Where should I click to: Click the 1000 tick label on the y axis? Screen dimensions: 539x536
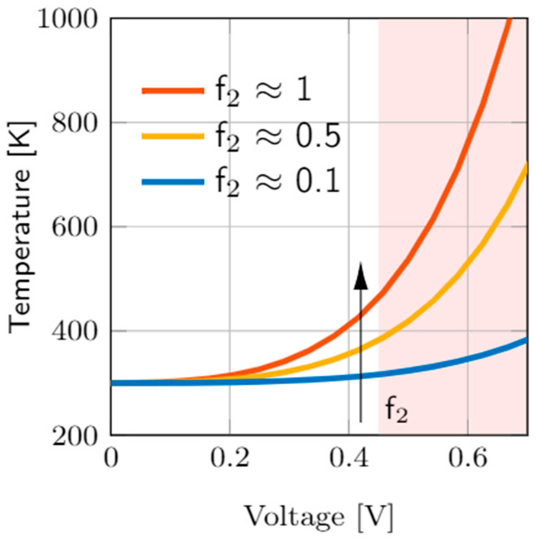[x=67, y=20]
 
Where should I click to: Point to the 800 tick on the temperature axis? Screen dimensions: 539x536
[x=74, y=123]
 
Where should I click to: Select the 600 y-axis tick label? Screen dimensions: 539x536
[x=74, y=228]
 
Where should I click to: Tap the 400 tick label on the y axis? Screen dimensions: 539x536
[x=74, y=331]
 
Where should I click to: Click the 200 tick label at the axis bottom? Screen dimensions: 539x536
[x=74, y=437]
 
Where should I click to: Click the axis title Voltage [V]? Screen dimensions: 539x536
[x=319, y=516]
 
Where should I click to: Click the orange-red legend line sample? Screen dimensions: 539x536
[x=173, y=91]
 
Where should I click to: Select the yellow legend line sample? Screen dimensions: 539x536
[x=173, y=136]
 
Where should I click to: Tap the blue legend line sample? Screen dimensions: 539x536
[x=173, y=182]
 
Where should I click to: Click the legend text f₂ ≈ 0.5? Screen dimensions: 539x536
[x=277, y=137]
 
